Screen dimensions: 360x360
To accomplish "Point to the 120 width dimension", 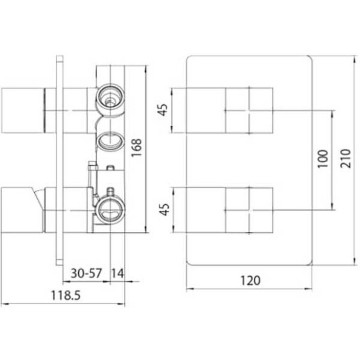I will click(249, 280).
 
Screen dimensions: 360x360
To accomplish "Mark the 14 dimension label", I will click(117, 273).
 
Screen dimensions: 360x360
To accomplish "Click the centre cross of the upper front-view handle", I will click(249, 110).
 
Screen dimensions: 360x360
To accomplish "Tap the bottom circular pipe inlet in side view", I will click(110, 208).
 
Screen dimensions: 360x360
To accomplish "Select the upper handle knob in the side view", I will click(21, 110).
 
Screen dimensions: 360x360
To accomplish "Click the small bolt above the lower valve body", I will click(91, 168).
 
